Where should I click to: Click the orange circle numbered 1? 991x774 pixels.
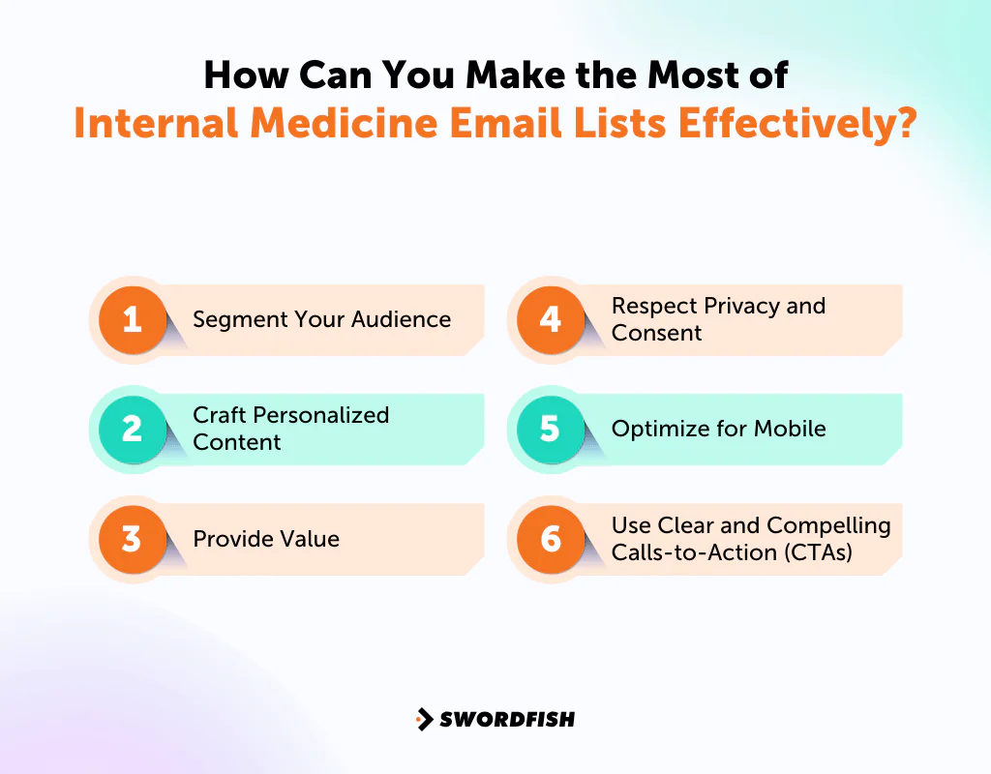click(x=133, y=319)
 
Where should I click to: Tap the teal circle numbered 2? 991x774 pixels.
click(x=133, y=429)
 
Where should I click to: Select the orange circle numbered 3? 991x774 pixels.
click(x=133, y=539)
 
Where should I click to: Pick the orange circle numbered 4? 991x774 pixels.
click(x=551, y=319)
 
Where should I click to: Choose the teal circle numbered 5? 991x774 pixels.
click(x=551, y=429)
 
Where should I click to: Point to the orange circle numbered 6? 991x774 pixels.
click(x=551, y=539)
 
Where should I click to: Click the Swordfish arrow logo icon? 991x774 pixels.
click(x=425, y=719)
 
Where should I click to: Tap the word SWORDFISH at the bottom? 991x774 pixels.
click(x=507, y=719)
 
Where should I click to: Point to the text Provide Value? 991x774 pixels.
click(x=266, y=539)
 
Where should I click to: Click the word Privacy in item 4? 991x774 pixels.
click(x=742, y=307)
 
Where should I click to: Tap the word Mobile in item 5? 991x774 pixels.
click(x=790, y=429)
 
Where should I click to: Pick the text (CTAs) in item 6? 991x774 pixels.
click(x=819, y=552)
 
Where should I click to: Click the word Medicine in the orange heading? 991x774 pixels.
click(x=345, y=123)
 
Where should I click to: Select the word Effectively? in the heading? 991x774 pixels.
click(x=797, y=124)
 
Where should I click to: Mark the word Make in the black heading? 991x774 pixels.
click(x=516, y=75)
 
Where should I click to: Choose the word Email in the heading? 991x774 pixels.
click(x=505, y=123)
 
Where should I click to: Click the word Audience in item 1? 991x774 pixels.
click(x=402, y=319)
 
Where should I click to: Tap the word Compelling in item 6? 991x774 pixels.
click(x=828, y=526)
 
